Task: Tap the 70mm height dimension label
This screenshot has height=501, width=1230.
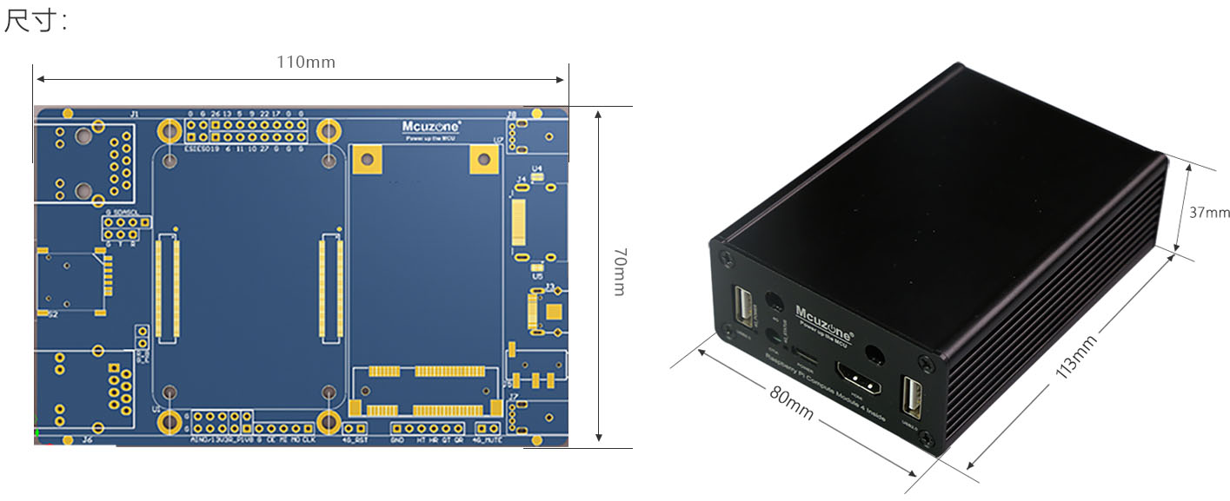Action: pos(619,271)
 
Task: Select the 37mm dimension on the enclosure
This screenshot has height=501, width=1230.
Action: pos(1209,213)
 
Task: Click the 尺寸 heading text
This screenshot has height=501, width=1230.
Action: pos(36,21)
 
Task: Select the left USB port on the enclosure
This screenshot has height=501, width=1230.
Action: pos(746,307)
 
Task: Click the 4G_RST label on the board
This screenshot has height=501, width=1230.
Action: pos(355,439)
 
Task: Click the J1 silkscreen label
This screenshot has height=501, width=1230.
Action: pos(133,114)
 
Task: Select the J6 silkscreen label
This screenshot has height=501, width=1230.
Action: pos(87,439)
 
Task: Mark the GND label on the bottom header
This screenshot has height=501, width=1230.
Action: pos(397,439)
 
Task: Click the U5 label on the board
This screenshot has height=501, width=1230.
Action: pos(537,276)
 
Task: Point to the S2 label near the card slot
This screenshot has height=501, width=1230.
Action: pos(52,314)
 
